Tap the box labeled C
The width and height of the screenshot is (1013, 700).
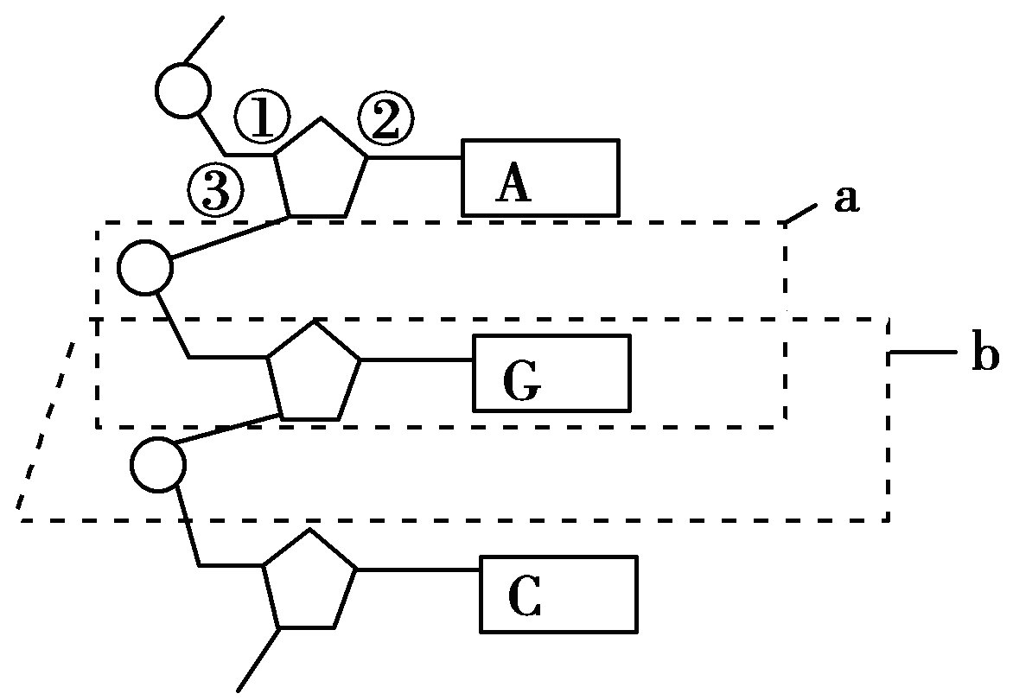(x=559, y=594)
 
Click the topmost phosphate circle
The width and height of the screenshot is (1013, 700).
(x=182, y=89)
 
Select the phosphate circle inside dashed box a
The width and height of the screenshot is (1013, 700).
(x=145, y=267)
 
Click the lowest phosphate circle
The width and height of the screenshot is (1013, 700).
(x=158, y=465)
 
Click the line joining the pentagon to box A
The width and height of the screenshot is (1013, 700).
(x=415, y=158)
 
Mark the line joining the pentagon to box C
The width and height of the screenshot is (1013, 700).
(x=418, y=570)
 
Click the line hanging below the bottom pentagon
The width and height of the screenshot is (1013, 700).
(x=258, y=659)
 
